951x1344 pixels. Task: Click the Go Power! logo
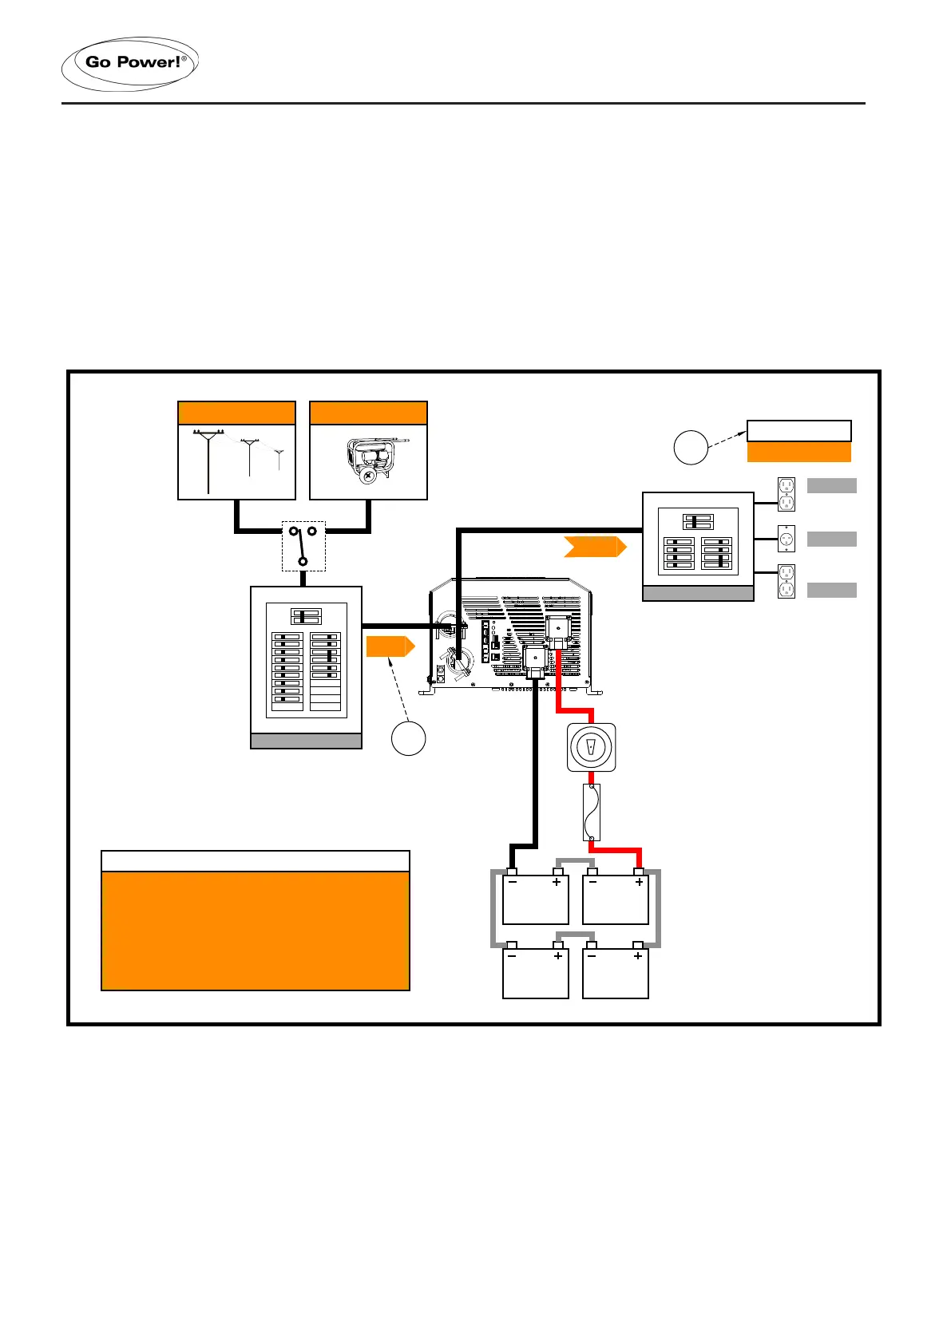pyautogui.click(x=130, y=63)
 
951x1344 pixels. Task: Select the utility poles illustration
pyautogui.click(x=236, y=461)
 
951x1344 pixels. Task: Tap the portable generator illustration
pyautogui.click(x=369, y=461)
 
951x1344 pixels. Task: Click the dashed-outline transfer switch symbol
pyautogui.click(x=303, y=546)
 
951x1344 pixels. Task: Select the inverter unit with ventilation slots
pyautogui.click(x=511, y=634)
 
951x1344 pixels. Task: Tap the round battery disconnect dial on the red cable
pyautogui.click(x=591, y=748)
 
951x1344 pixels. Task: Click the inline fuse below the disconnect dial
pyautogui.click(x=592, y=812)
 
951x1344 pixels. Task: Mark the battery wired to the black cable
pyautogui.click(x=535, y=899)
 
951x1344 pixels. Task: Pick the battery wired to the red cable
pyautogui.click(x=616, y=899)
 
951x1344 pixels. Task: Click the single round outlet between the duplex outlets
pyautogui.click(x=787, y=539)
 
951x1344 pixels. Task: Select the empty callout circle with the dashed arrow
pyautogui.click(x=691, y=447)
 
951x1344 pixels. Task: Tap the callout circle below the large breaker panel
pyautogui.click(x=408, y=738)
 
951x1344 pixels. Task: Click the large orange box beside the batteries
pyautogui.click(x=256, y=931)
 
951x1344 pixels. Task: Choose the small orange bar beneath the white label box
pyautogui.click(x=798, y=453)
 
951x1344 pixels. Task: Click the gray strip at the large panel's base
pyautogui.click(x=307, y=741)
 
